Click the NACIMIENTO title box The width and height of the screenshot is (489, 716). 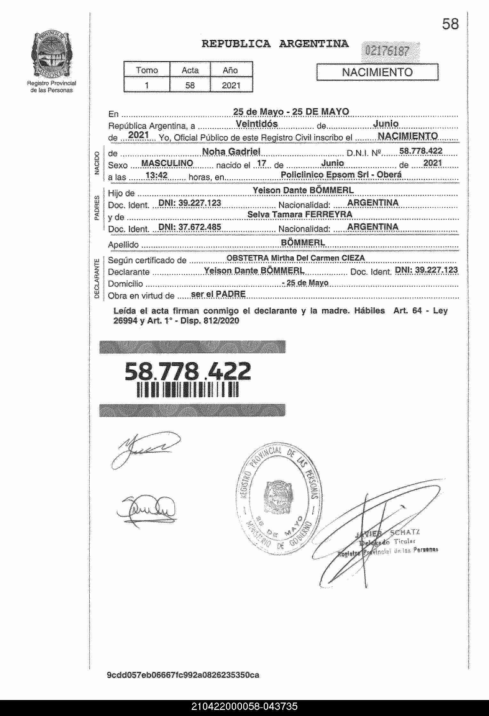click(x=377, y=72)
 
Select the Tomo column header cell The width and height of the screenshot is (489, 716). click(x=147, y=70)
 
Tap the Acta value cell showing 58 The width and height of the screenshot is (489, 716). click(x=190, y=85)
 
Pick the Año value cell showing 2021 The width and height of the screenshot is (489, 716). click(x=231, y=85)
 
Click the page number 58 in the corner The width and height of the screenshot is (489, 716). click(x=450, y=24)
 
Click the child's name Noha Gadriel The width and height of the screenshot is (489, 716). click(x=231, y=151)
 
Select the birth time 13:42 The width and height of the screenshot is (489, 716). click(x=156, y=175)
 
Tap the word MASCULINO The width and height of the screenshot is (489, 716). click(x=167, y=163)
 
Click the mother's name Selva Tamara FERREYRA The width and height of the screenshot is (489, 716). click(x=300, y=214)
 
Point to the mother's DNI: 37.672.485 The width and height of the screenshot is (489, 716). click(x=190, y=227)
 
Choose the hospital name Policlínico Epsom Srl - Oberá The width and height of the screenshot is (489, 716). click(x=341, y=175)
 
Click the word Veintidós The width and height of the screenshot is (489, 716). click(x=257, y=124)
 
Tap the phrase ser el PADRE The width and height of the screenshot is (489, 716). click(x=218, y=294)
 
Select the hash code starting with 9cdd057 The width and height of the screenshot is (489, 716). click(x=183, y=675)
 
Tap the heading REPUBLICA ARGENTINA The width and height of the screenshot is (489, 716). click(x=275, y=44)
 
